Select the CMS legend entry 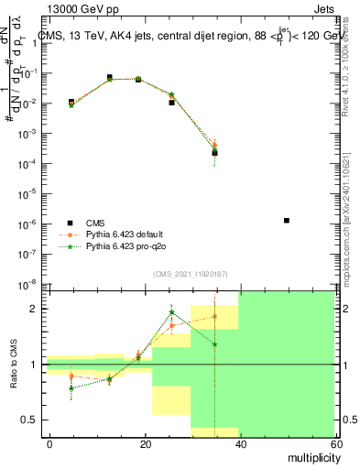click(x=95, y=222)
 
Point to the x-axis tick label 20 click(x=145, y=443)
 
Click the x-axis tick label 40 click(x=240, y=443)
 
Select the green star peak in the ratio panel click(x=171, y=312)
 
